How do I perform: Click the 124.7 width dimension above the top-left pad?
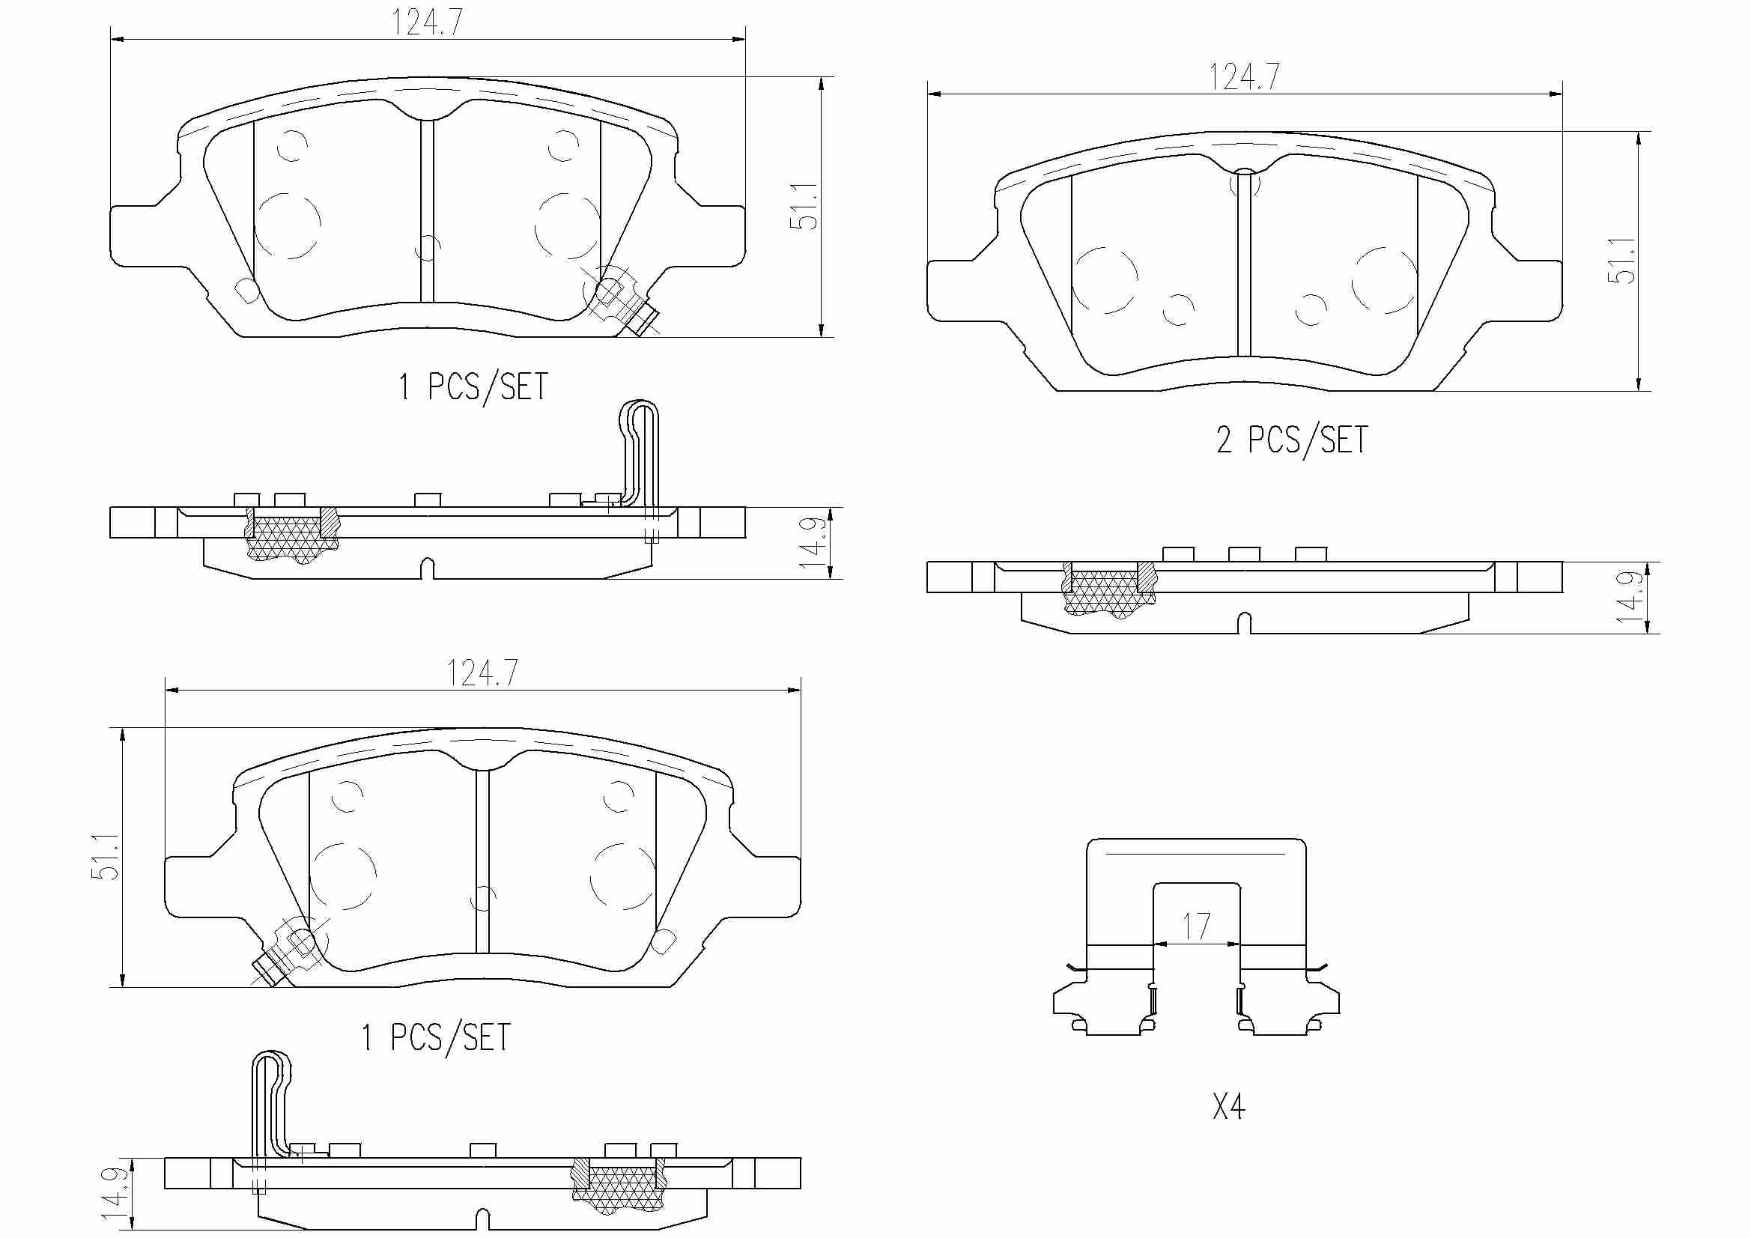point(427,23)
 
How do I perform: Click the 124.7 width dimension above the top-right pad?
point(1244,77)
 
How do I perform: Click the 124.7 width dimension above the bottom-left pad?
point(482,673)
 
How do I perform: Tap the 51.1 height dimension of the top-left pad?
point(804,206)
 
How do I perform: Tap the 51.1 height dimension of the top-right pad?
point(1621,261)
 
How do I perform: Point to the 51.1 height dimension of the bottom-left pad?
point(106,857)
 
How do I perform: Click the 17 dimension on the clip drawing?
point(1196,926)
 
